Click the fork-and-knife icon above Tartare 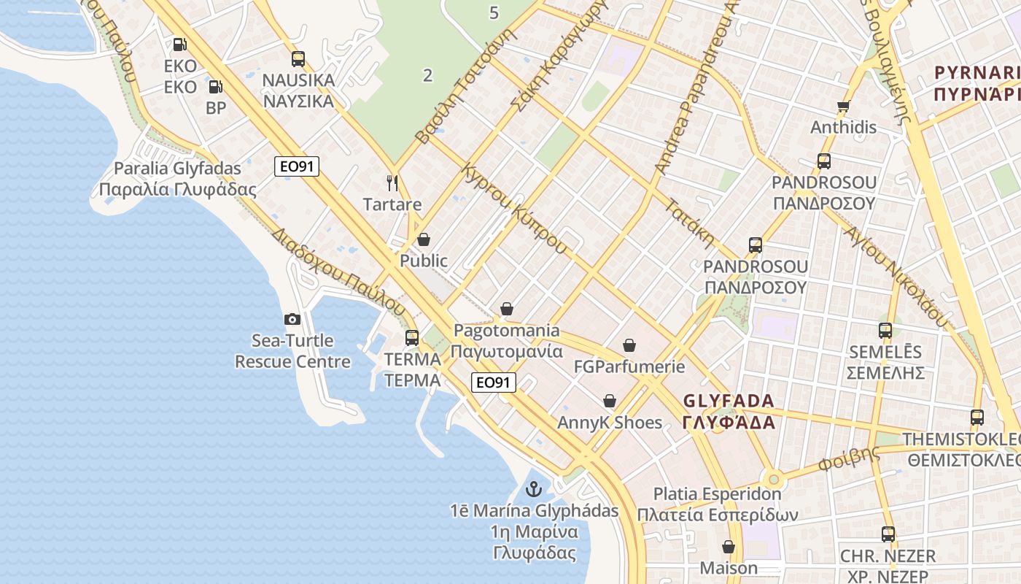392,182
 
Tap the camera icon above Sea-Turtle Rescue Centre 292,319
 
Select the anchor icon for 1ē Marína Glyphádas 534,488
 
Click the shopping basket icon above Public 424,239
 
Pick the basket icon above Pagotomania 507,310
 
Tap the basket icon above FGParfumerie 629,345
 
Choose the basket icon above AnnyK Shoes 610,401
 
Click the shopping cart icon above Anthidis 844,106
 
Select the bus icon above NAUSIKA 298,59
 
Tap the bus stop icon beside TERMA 412,337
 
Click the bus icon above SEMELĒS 885,331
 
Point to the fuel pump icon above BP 215,87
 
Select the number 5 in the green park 494,12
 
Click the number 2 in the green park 427,74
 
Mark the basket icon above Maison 728,547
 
